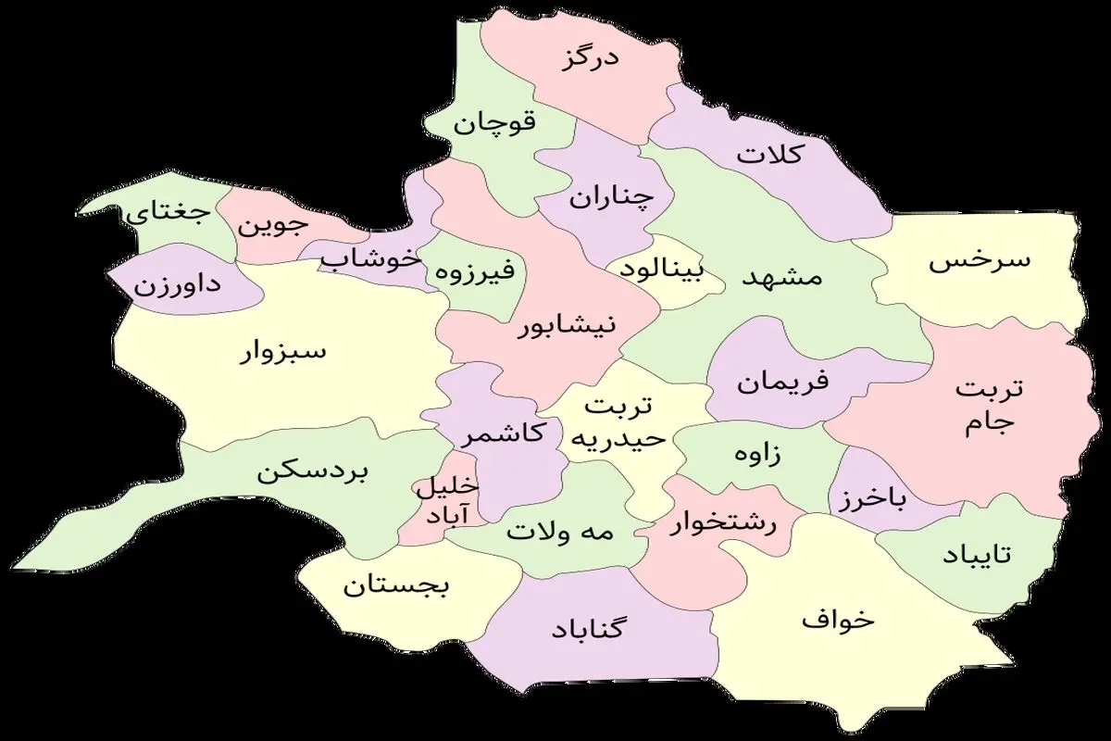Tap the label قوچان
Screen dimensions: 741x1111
(x=495, y=121)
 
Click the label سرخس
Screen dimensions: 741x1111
(x=979, y=260)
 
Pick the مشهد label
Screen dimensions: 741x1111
(x=782, y=278)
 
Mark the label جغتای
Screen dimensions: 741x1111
(x=169, y=214)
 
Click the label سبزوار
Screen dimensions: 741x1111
(x=283, y=353)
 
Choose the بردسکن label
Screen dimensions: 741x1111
(x=313, y=472)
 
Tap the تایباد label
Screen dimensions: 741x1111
(x=978, y=554)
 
